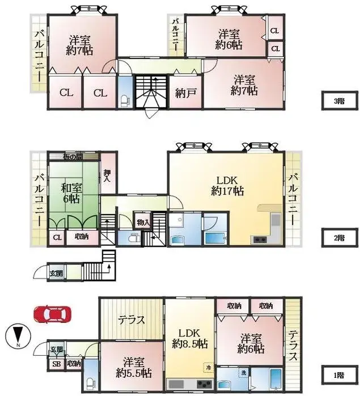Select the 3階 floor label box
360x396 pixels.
(338, 101)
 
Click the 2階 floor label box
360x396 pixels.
(338, 237)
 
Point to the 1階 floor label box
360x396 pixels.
(338, 374)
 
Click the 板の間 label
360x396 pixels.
(73, 156)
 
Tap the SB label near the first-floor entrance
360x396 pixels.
(56, 364)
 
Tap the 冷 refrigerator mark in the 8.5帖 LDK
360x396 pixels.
(208, 368)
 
